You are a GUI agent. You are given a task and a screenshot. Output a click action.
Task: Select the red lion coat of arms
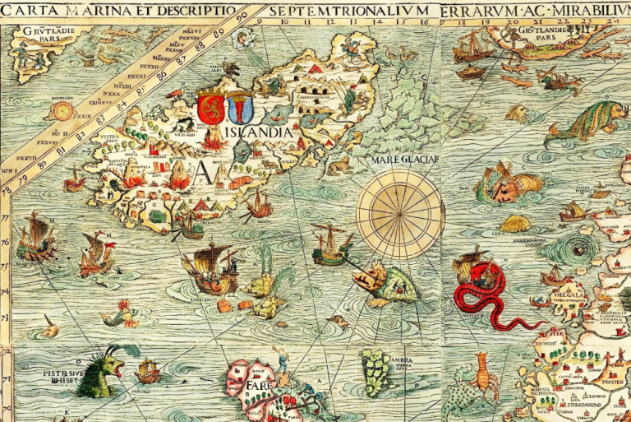(x=209, y=108)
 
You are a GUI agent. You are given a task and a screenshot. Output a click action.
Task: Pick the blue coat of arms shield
(x=238, y=108)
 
